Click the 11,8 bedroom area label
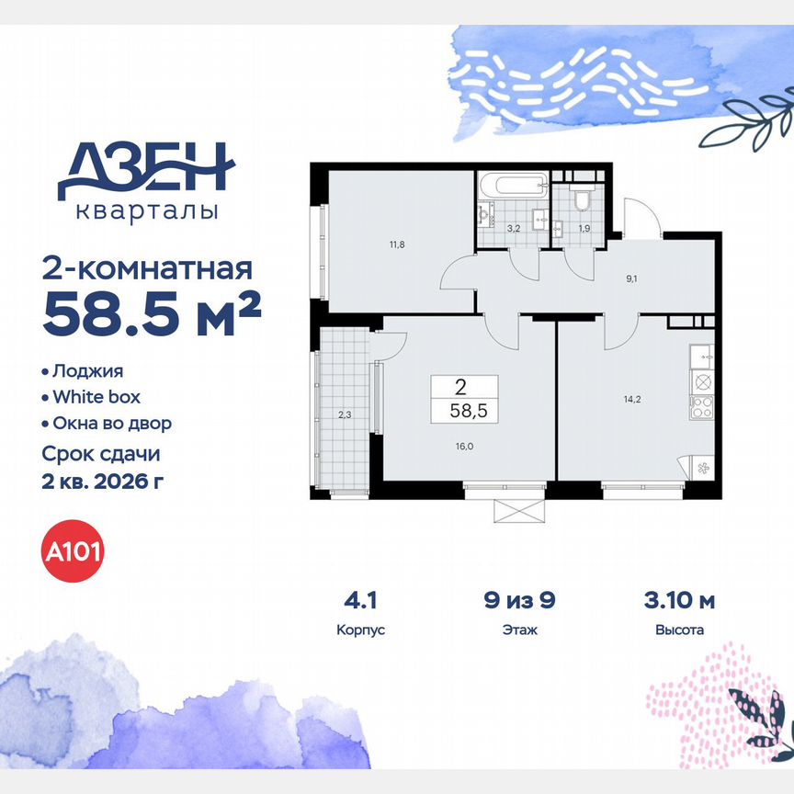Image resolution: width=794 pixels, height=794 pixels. click(x=397, y=244)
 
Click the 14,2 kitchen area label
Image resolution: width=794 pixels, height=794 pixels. click(x=631, y=400)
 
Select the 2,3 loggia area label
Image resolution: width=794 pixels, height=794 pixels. click(x=344, y=414)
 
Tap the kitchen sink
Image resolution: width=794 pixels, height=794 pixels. click(x=701, y=353)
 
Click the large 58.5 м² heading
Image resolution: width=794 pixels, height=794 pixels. click(x=152, y=317)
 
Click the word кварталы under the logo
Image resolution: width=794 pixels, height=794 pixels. click(x=146, y=210)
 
